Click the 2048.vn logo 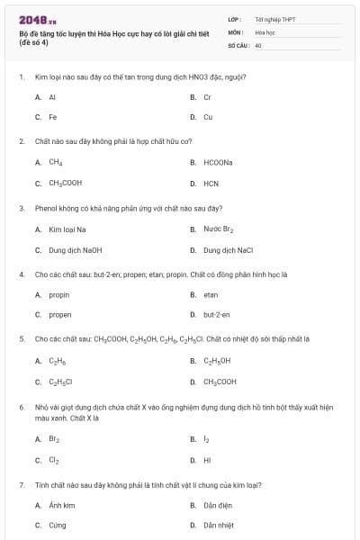[38, 18]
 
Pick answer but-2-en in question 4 [216, 315]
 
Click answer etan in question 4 [211, 294]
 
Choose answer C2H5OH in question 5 [217, 361]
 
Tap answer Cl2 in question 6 [53, 460]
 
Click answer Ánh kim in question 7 [61, 506]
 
